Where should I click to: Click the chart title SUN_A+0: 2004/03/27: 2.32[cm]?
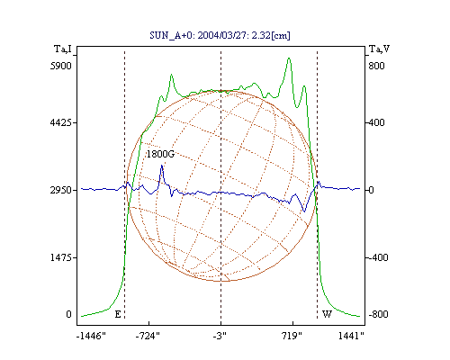point(220,35)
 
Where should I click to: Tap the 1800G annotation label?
point(160,154)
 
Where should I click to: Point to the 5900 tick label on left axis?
point(60,66)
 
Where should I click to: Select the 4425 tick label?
point(60,122)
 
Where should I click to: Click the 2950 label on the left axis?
point(60,190)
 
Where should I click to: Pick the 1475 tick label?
point(60,257)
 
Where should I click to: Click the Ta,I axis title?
point(63,49)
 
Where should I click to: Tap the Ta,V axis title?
point(379,49)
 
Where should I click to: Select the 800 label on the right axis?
point(376,66)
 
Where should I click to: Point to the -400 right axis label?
point(378,257)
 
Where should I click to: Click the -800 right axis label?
point(378,314)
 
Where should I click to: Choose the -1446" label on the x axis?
point(91,336)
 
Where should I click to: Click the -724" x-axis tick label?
point(148,336)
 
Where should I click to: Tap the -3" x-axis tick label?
point(220,336)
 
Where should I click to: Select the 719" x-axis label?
point(292,336)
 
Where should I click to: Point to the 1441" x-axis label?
point(351,336)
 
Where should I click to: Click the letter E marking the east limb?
point(118,314)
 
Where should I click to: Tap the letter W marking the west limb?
point(327,314)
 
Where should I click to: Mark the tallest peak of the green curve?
point(289,58)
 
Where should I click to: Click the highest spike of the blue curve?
point(162,166)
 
